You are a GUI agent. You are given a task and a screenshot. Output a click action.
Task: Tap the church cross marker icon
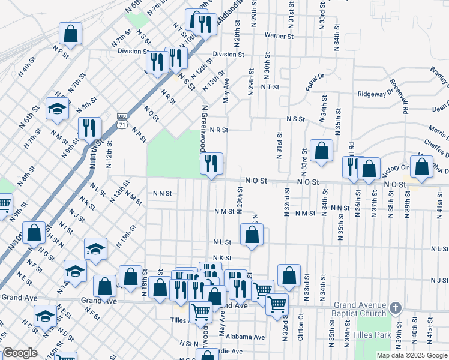[x=395, y=308]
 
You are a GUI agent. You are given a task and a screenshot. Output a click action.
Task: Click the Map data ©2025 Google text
[x=412, y=355]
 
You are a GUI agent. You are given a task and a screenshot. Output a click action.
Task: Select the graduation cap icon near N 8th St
[x=58, y=109]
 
